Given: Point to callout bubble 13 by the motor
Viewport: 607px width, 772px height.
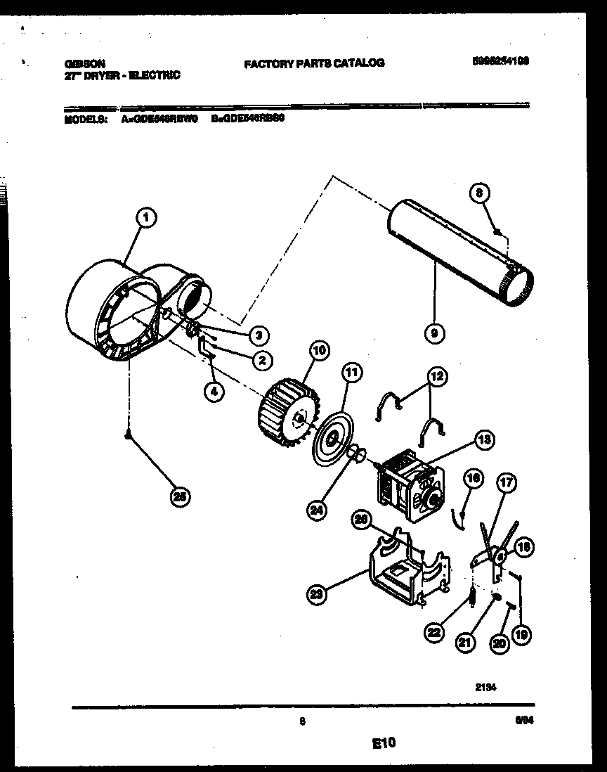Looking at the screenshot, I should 484,440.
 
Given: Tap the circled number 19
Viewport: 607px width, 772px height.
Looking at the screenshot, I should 521,636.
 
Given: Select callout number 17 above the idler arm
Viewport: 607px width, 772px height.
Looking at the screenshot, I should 505,483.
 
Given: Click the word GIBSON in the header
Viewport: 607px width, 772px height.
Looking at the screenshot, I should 79,63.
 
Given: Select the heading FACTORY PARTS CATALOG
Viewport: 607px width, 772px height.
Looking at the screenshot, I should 314,63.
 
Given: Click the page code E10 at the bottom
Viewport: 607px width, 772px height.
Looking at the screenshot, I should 384,741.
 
